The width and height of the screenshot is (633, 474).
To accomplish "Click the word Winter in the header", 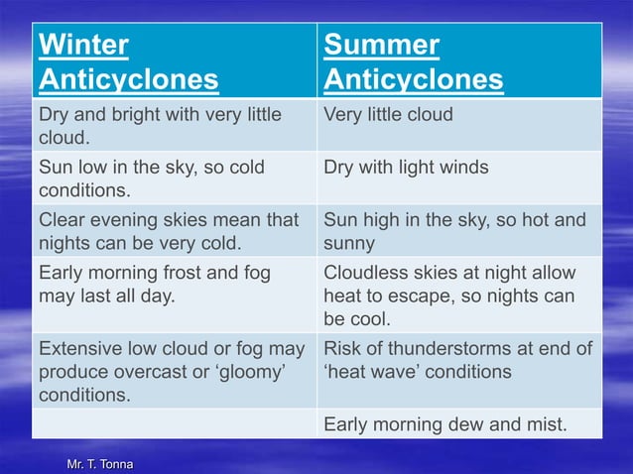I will point(84,46).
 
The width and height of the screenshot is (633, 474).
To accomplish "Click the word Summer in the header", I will point(382,46).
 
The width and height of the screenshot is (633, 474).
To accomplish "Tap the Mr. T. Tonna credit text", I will point(97,464).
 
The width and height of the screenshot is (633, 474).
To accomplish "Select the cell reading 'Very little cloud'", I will point(388,114).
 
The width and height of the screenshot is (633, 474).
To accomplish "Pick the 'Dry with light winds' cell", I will point(406,167).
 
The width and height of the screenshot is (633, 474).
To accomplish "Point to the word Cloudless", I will point(367,272).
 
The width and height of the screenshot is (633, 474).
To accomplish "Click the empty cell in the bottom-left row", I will point(174,424).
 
